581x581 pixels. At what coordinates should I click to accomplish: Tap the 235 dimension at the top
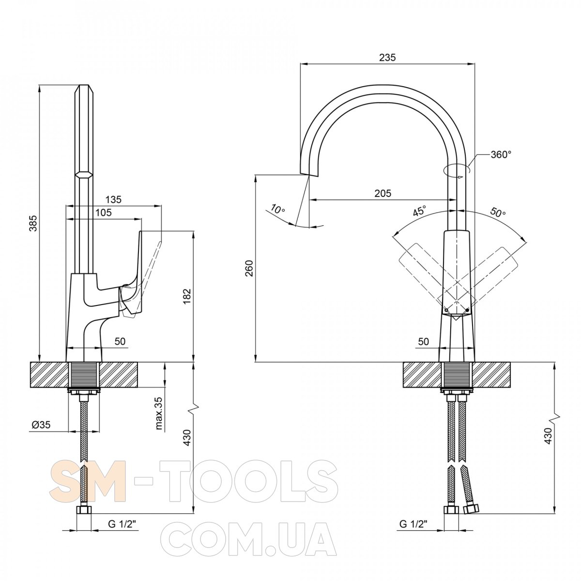[387, 57]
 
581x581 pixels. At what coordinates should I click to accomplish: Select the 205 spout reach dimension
[382, 193]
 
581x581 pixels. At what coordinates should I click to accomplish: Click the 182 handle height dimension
[187, 297]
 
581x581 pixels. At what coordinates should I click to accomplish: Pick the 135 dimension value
[113, 199]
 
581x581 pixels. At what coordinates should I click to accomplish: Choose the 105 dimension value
[104, 213]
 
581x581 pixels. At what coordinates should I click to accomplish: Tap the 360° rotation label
[501, 154]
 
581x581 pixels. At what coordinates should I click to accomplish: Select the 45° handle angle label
[420, 211]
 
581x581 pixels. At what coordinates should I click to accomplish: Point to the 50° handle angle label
[498, 212]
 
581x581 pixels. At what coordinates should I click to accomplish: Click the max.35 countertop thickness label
[159, 413]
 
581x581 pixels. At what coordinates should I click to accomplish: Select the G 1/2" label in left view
[122, 524]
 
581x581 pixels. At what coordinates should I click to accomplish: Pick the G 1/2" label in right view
[414, 524]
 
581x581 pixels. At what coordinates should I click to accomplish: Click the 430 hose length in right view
[549, 444]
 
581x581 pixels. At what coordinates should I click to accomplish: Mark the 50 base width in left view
[120, 341]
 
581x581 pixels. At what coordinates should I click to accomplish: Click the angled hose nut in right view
[471, 509]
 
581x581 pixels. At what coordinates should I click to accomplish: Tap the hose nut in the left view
[84, 510]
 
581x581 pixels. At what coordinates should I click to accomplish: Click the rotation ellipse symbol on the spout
[457, 170]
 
